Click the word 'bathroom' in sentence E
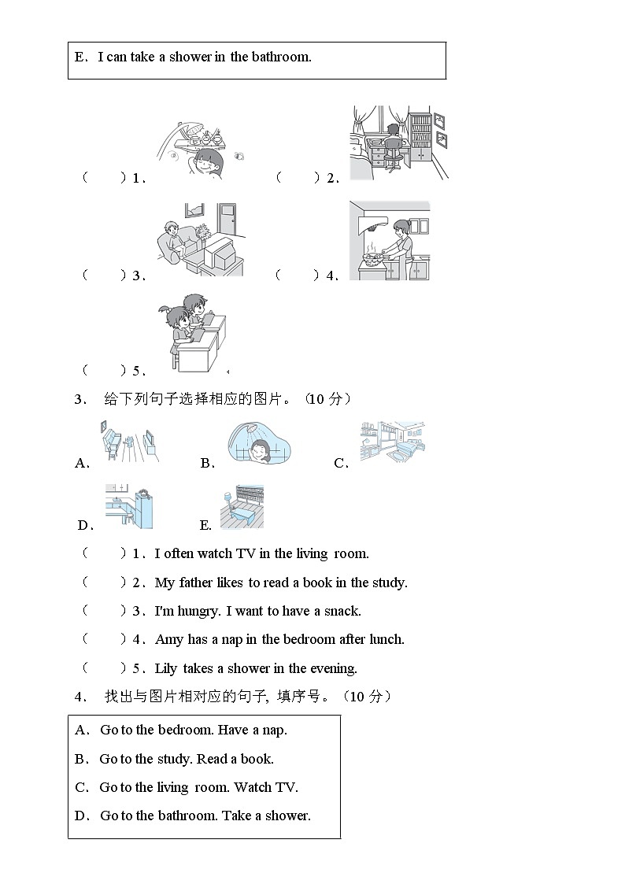click(281, 57)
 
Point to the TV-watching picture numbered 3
click(200, 239)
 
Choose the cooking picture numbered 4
click(390, 240)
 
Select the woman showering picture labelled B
click(257, 442)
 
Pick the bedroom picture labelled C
click(393, 442)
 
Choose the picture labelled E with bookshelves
click(242, 506)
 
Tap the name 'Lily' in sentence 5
click(166, 669)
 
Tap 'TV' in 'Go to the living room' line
click(284, 787)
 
